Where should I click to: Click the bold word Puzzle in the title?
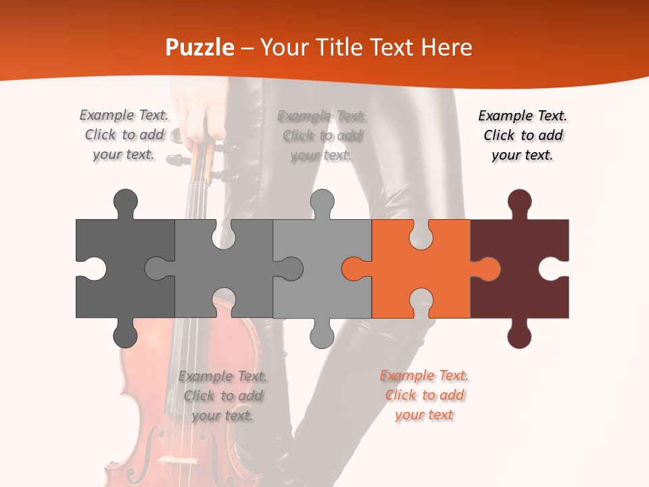[200, 47]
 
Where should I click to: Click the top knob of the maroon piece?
[519, 203]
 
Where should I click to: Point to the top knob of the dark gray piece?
[126, 203]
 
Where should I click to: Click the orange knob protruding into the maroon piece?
[488, 269]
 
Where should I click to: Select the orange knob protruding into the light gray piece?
[354, 269]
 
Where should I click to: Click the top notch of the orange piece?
[421, 233]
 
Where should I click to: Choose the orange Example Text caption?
[424, 395]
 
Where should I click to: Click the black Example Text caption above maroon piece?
[523, 135]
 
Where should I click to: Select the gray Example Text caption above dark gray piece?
[124, 135]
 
